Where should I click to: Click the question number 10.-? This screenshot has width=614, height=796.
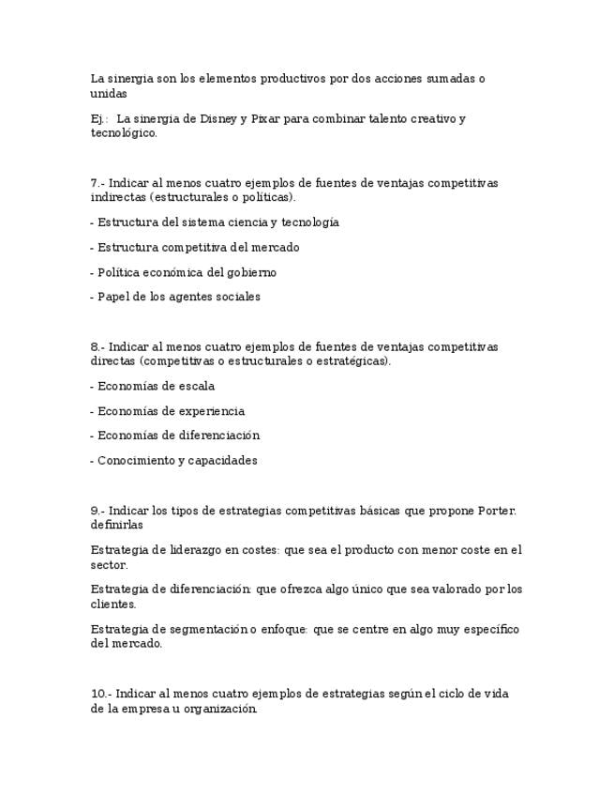point(101,694)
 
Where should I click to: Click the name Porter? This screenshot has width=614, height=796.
point(497,511)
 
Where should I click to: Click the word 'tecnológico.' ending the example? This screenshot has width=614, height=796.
point(124,133)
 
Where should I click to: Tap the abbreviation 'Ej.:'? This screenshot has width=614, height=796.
point(99,118)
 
